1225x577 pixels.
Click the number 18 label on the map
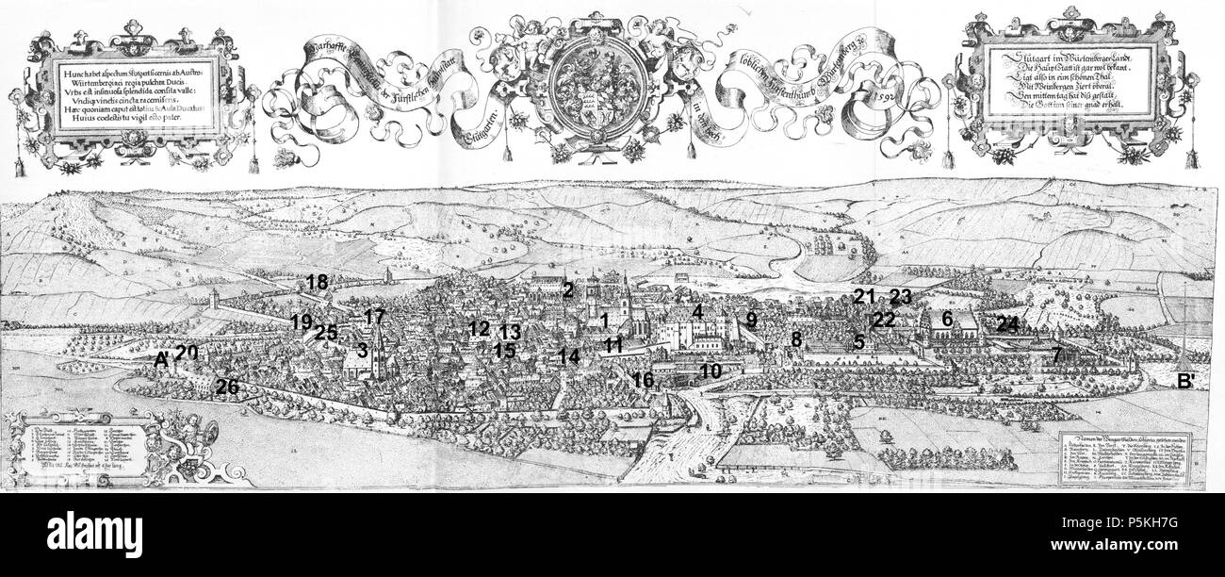(x=317, y=281)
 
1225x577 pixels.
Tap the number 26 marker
(x=227, y=386)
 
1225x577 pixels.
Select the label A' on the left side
(x=161, y=359)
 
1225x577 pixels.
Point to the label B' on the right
(x=1184, y=382)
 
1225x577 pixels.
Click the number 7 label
(x=1057, y=355)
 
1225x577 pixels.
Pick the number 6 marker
(x=947, y=320)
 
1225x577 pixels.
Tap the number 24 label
(x=1007, y=324)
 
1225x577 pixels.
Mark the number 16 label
(x=644, y=380)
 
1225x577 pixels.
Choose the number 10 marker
(x=710, y=371)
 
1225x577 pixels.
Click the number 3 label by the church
(x=361, y=350)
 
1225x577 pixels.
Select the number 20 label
(x=187, y=352)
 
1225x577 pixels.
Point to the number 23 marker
(x=901, y=296)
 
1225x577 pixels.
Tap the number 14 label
(x=568, y=356)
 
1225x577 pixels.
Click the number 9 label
(x=751, y=319)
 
